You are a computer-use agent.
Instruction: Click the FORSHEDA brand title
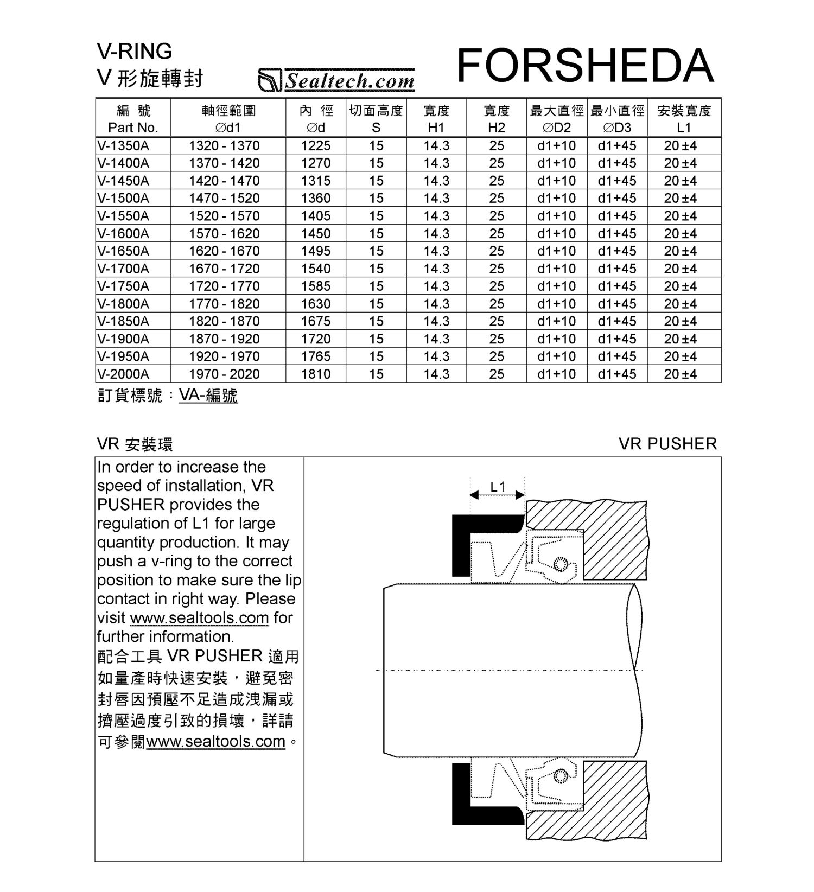pos(585,65)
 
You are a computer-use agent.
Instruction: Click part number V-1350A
pos(123,146)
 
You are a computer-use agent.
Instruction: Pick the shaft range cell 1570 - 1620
pos(224,234)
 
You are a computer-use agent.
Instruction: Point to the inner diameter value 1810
pos(316,374)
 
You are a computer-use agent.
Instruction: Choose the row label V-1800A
pos(123,304)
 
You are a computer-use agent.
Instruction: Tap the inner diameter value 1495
pos(316,251)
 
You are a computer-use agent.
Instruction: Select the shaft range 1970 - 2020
pos(224,374)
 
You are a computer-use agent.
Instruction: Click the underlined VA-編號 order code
pos(208,396)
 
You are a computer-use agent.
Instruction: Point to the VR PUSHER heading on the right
pos(667,444)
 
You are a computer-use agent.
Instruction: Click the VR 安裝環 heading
pos(135,445)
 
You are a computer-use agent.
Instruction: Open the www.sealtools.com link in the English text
pos(199,618)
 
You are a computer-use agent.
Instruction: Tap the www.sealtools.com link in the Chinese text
pos(215,741)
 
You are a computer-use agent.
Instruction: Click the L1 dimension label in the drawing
pos(498,487)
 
